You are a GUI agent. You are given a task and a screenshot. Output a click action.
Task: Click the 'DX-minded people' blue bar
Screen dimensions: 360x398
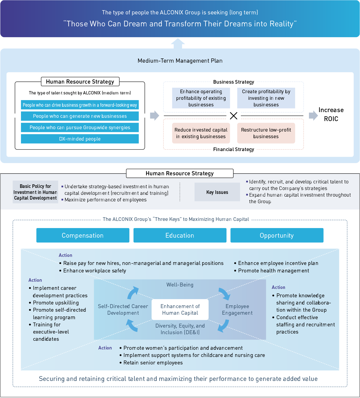pyautogui.click(x=80, y=139)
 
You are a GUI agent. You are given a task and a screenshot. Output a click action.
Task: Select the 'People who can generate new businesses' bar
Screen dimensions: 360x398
pyautogui.click(x=80, y=116)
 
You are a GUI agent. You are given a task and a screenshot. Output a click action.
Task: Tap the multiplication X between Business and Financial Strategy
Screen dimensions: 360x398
pyautogui.click(x=233, y=116)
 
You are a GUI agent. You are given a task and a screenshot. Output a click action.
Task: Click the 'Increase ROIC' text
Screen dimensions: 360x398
pyautogui.click(x=331, y=114)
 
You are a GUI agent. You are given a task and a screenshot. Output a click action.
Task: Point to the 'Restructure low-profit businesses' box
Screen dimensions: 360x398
pyautogui.click(x=266, y=133)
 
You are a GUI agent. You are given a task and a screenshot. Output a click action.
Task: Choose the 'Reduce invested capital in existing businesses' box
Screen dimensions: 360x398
pyautogui.click(x=201, y=133)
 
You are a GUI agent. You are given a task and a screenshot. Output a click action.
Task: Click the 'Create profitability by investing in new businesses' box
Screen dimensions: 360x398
pyautogui.click(x=266, y=98)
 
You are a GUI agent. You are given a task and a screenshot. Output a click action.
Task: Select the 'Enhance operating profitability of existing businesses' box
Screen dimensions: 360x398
pyautogui.click(x=201, y=98)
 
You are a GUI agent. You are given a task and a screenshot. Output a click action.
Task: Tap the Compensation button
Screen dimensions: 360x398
pyautogui.click(x=82, y=235)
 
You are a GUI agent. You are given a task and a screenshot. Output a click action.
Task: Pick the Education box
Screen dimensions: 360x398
pyautogui.click(x=180, y=235)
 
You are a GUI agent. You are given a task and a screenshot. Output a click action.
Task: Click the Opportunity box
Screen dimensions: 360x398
pyautogui.click(x=277, y=235)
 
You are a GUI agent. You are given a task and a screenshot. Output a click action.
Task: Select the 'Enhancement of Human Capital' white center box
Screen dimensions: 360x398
pyautogui.click(x=180, y=310)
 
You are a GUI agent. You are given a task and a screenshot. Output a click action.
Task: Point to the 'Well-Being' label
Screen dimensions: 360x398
pyautogui.click(x=180, y=285)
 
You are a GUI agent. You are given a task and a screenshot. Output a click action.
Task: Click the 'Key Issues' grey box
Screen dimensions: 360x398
pyautogui.click(x=217, y=192)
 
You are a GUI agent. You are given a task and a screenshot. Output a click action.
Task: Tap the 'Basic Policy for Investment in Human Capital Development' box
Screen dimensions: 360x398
pyautogui.click(x=35, y=192)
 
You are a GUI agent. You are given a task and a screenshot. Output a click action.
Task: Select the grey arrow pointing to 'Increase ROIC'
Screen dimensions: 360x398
pyautogui.click(x=313, y=115)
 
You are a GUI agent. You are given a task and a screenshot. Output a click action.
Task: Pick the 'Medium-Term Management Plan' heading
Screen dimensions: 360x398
pyautogui.click(x=180, y=61)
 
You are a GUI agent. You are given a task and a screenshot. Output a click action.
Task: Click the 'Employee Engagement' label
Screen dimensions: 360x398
pyautogui.click(x=237, y=310)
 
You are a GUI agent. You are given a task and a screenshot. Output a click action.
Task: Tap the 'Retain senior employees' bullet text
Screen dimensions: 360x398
pyautogui.click(x=153, y=363)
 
